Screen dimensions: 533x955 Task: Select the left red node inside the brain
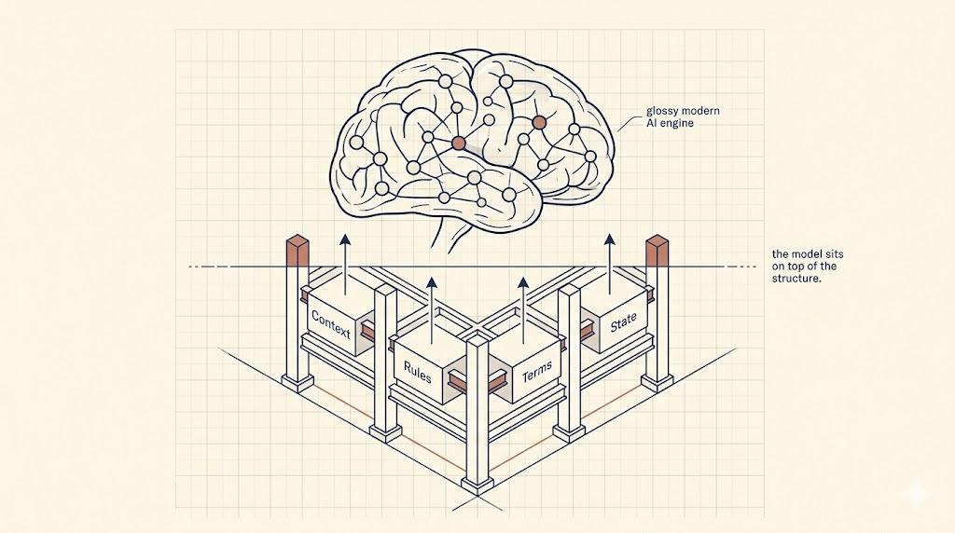(458, 143)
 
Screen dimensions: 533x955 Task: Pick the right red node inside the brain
(538, 122)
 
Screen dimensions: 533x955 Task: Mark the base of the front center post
(477, 484)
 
